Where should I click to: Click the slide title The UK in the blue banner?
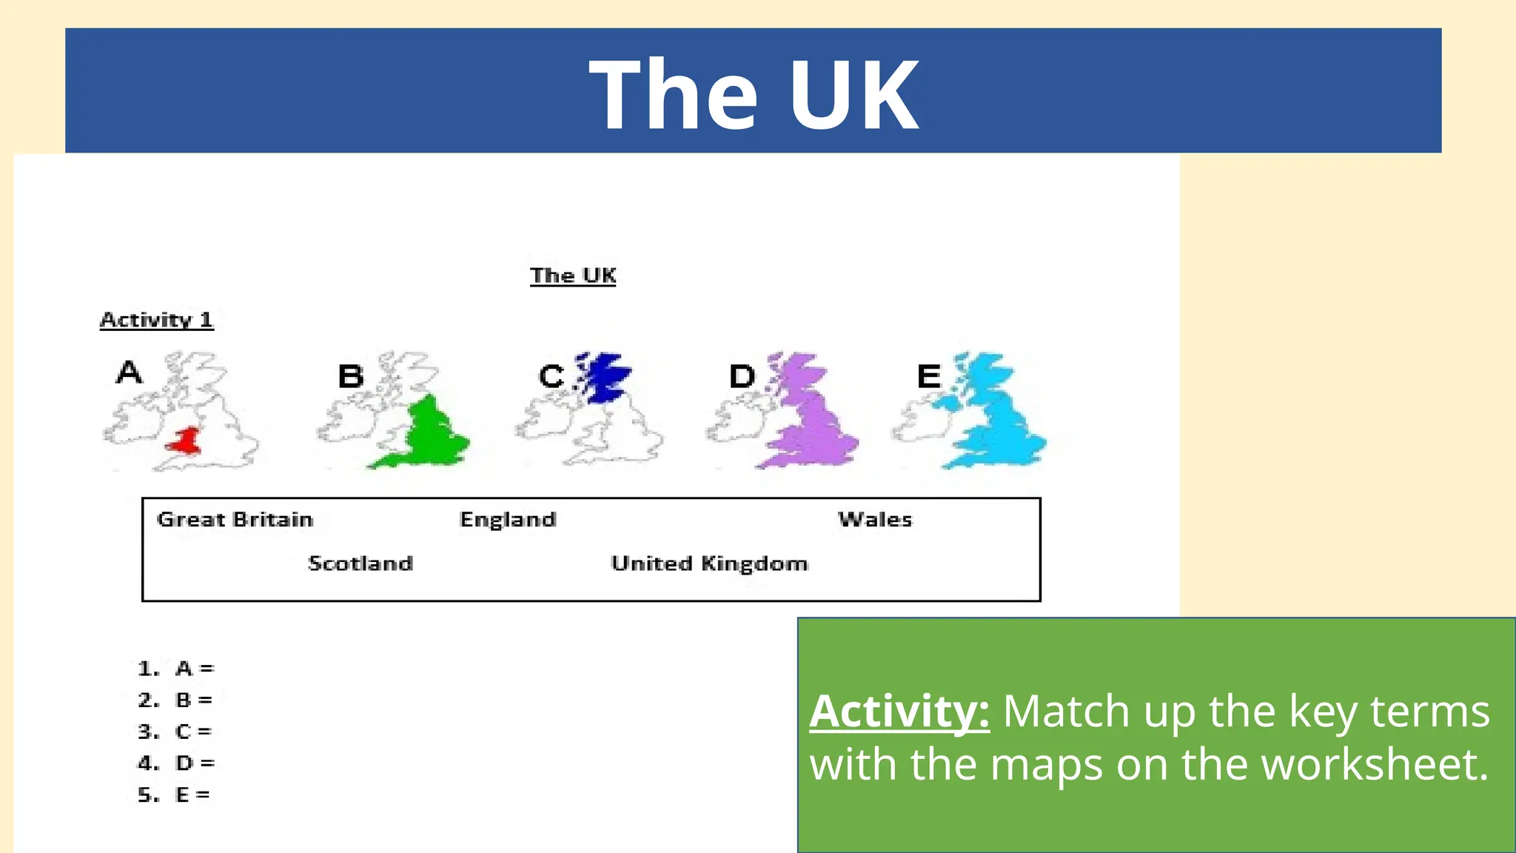[x=754, y=95]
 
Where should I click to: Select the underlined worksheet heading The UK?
[x=573, y=275]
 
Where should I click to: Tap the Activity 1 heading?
[x=157, y=320]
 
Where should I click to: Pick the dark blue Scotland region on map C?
[x=606, y=376]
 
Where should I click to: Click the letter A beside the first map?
[x=129, y=372]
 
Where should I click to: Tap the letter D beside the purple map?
[x=742, y=376]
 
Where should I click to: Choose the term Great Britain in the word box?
[x=235, y=519]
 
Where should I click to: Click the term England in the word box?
[x=508, y=519]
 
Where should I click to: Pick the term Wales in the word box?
[x=875, y=519]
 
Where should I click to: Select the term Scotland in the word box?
[x=360, y=563]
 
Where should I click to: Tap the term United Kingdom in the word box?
[x=709, y=563]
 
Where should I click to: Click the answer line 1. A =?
[x=176, y=669]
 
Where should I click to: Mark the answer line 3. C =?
[x=175, y=732]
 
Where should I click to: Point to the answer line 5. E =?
[x=175, y=795]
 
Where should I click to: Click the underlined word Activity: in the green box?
[x=899, y=712]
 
